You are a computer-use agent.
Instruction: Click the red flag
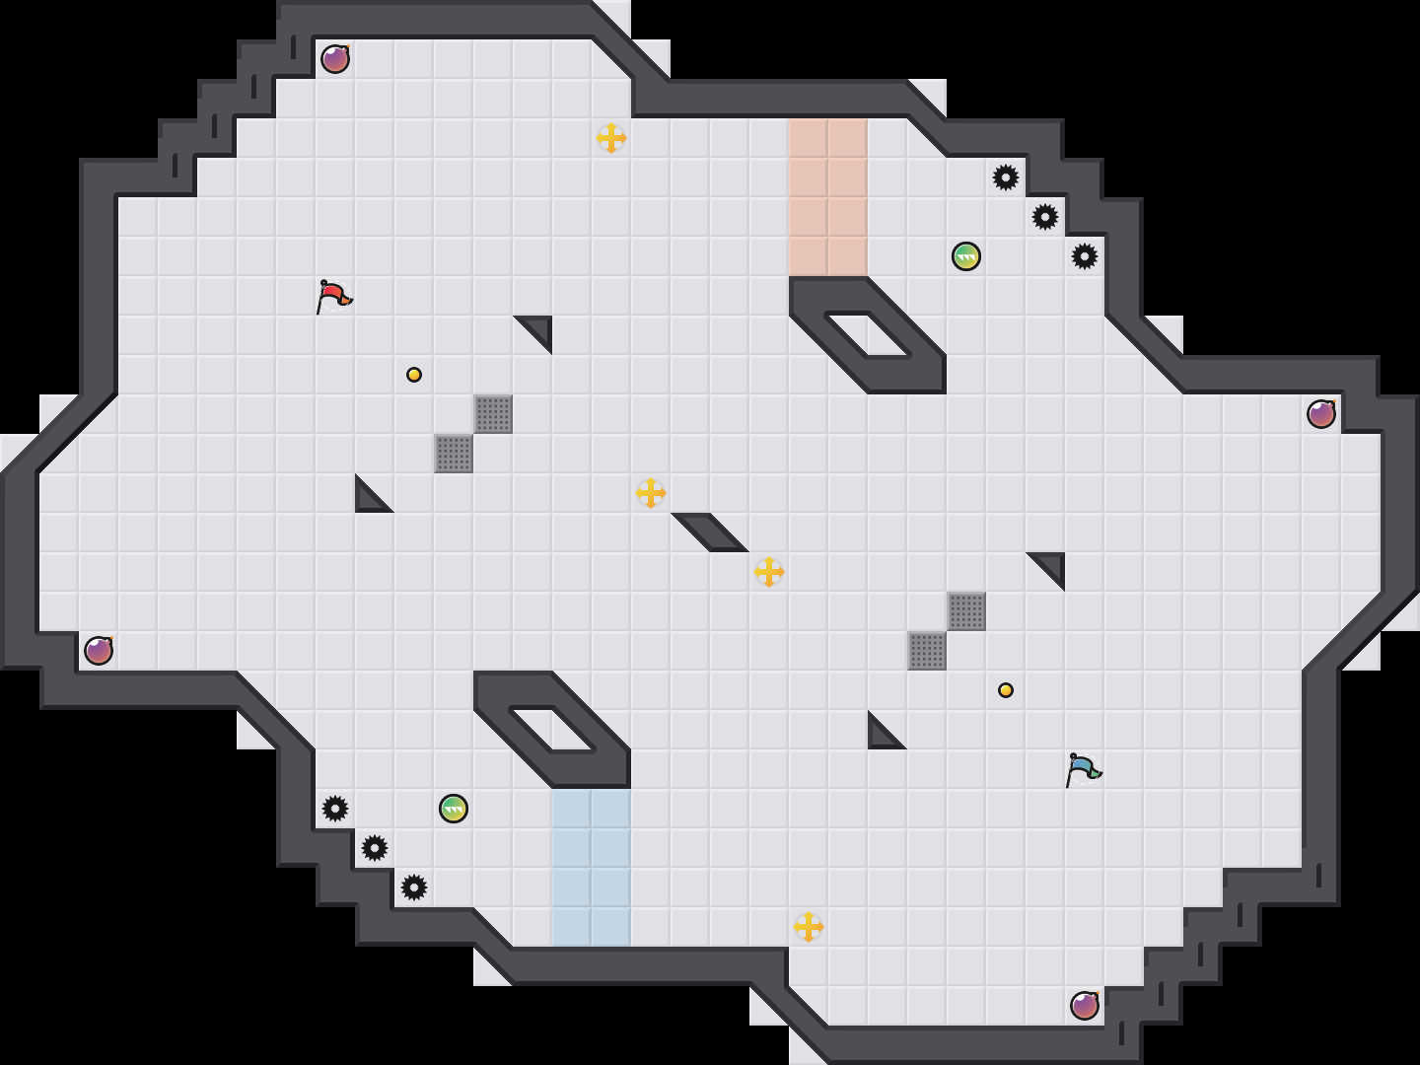coord(333,295)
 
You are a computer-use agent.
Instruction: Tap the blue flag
coord(1083,768)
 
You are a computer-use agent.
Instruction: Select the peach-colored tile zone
coord(828,197)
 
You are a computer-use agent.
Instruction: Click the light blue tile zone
coord(592,868)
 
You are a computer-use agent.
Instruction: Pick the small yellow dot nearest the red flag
coord(414,375)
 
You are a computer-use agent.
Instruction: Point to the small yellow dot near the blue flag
coord(1006,690)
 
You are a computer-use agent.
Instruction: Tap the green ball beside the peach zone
coord(966,256)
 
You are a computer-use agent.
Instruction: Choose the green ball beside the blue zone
coord(454,809)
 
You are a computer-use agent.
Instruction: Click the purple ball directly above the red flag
coord(335,59)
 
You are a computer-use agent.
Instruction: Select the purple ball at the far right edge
coord(1321,414)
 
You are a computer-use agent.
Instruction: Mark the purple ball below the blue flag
coord(1085,1006)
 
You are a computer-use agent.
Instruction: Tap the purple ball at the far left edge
coord(99,651)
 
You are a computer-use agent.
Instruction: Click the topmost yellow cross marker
coord(611,138)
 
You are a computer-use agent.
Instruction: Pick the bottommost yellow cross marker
coord(809,927)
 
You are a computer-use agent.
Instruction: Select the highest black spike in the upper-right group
coord(1006,177)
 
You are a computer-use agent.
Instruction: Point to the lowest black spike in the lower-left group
coord(414,887)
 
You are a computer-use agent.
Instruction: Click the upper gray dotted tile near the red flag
coord(493,414)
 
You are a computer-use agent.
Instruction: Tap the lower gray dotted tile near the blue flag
coord(927,651)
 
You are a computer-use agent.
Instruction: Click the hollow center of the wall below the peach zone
coord(868,335)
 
